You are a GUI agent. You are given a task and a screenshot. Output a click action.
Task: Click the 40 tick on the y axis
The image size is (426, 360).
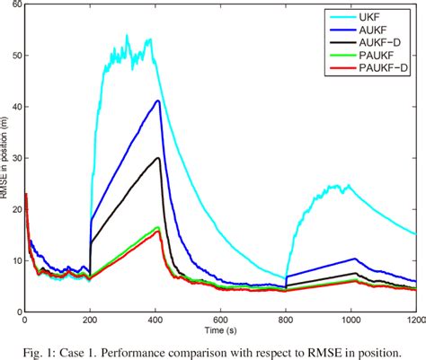click(13, 106)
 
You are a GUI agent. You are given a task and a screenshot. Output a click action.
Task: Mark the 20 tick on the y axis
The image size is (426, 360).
click(13, 209)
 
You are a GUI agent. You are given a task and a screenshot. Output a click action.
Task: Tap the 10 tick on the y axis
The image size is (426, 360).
click(13, 260)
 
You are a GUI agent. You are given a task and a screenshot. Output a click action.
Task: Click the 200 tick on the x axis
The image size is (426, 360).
click(90, 320)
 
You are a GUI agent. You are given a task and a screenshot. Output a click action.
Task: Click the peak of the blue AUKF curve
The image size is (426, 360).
click(158, 101)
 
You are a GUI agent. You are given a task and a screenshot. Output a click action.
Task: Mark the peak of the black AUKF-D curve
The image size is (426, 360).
click(158, 158)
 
